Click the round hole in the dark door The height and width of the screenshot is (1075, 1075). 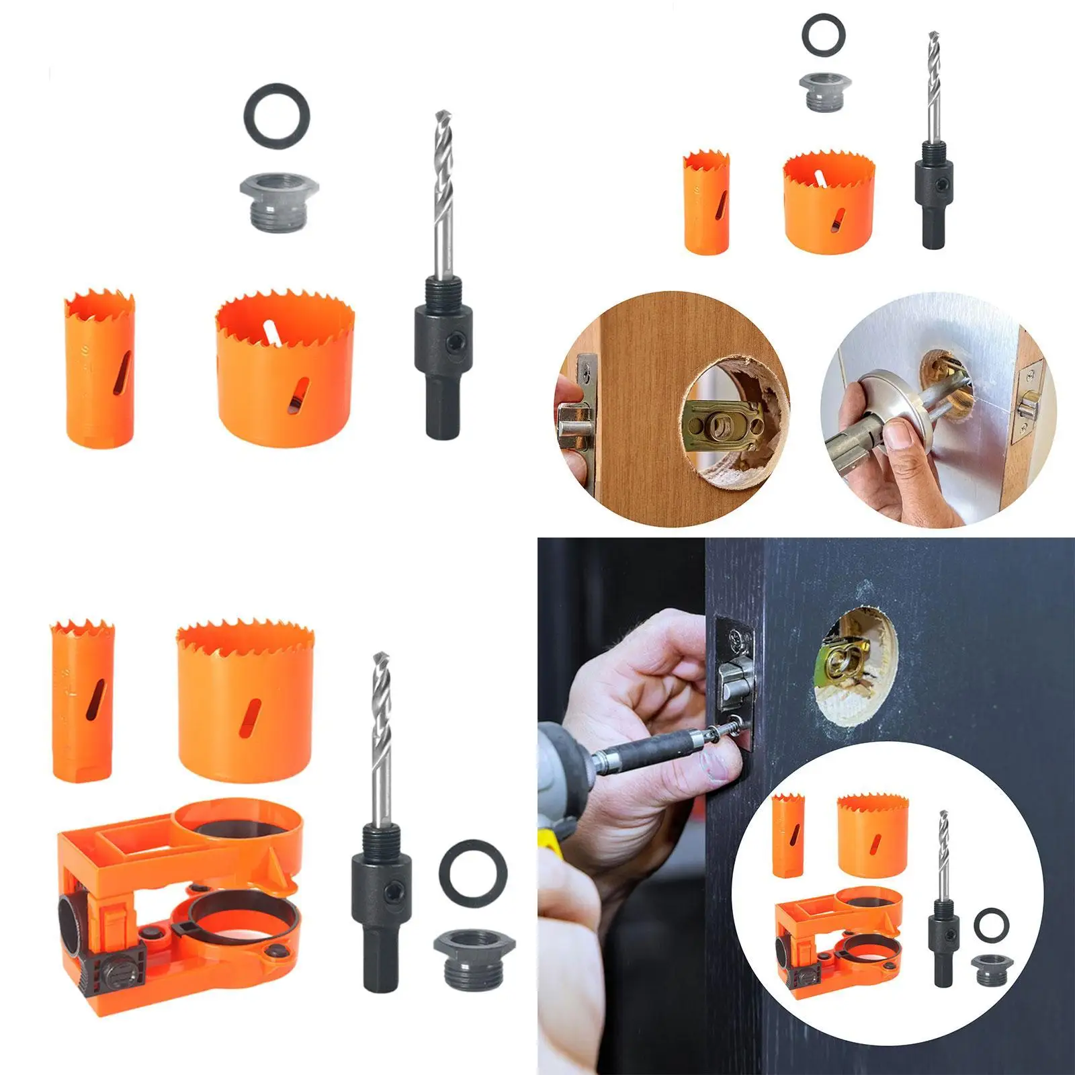point(857,669)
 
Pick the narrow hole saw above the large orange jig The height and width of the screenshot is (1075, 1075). point(83,701)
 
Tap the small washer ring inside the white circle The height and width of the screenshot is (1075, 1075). point(991,924)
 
